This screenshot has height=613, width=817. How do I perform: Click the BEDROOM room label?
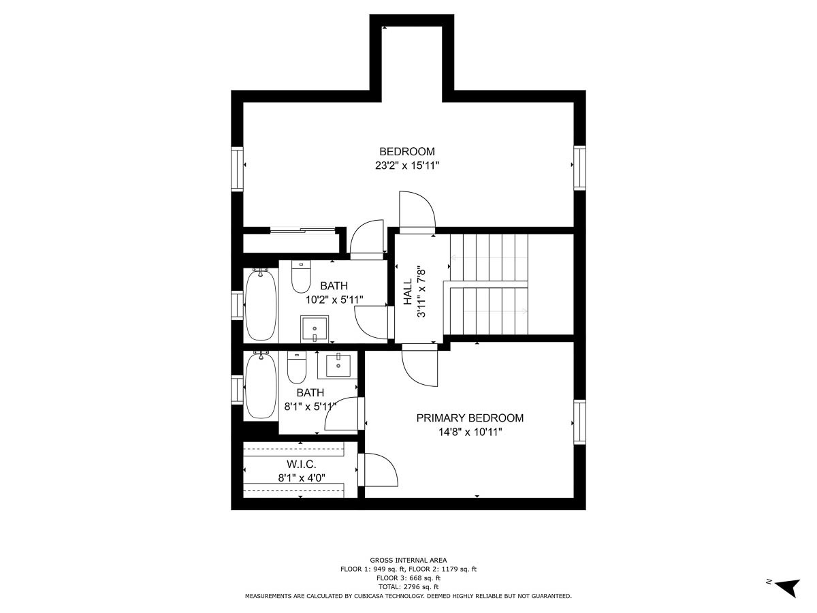click(407, 151)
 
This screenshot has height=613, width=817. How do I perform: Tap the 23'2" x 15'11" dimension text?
click(407, 166)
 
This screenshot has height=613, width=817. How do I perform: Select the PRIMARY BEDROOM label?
click(470, 418)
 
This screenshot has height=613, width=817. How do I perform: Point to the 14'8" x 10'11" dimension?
click(470, 432)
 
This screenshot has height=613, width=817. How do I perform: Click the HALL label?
click(408, 292)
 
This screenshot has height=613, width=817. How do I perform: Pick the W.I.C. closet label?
click(302, 465)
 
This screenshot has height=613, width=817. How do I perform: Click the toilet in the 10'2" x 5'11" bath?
click(301, 277)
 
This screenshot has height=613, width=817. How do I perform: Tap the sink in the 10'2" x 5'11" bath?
click(315, 328)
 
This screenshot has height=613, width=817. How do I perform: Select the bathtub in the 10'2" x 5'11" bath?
click(261, 304)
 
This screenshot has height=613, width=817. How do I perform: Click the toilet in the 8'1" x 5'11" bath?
click(297, 367)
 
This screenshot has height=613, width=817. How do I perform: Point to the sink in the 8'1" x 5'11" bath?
click(338, 366)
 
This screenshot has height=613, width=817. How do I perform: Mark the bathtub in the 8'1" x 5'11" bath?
click(261, 385)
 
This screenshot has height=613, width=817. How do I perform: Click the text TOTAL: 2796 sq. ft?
click(408, 587)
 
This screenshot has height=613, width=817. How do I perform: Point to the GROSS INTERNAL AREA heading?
click(408, 560)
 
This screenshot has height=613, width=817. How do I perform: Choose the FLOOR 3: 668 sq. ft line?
click(408, 578)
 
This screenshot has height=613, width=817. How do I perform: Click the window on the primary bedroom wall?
click(579, 422)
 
